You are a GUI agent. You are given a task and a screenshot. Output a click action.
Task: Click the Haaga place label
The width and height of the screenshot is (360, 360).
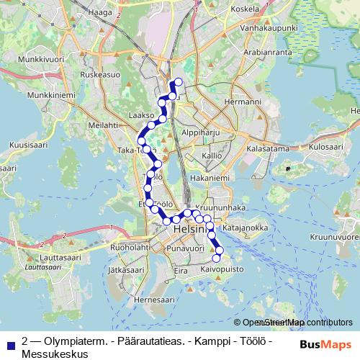click(x=100, y=12)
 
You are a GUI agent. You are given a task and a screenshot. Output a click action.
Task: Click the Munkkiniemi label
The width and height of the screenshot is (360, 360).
click(x=32, y=94)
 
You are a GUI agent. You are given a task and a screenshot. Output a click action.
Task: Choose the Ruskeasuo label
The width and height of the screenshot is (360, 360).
click(x=99, y=73)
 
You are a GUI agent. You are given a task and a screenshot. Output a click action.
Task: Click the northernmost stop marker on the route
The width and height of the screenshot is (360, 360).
click(x=178, y=81)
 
